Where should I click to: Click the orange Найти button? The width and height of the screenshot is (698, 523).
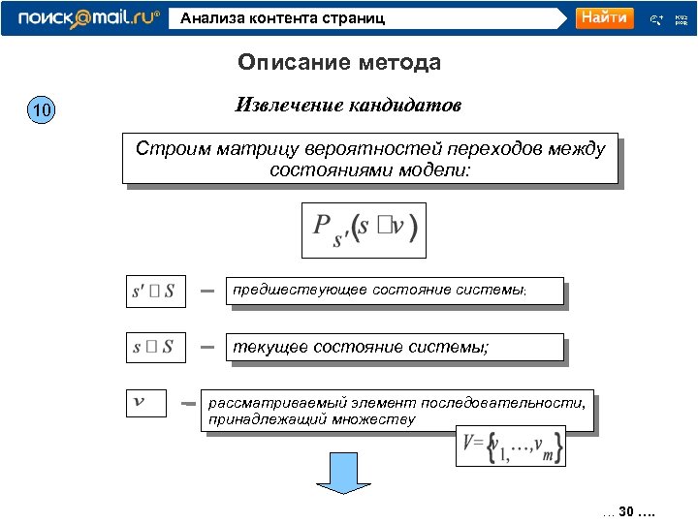[x=604, y=18]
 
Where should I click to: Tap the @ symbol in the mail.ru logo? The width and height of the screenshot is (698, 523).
[x=79, y=17]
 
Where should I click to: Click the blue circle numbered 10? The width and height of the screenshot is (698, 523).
[x=42, y=111]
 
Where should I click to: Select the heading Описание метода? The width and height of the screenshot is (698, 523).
[x=339, y=63]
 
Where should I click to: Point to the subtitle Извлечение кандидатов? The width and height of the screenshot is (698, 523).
[x=349, y=105]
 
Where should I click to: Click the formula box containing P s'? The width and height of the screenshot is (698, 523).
[x=364, y=230]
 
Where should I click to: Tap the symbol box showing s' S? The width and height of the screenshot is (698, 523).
[x=154, y=291]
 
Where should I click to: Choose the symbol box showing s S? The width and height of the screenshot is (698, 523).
[x=154, y=346]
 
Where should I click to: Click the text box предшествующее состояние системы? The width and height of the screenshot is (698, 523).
[x=395, y=291]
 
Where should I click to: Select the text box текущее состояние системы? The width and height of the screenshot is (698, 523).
[x=394, y=347]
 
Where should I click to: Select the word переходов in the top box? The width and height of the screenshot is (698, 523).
[x=469, y=149]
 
